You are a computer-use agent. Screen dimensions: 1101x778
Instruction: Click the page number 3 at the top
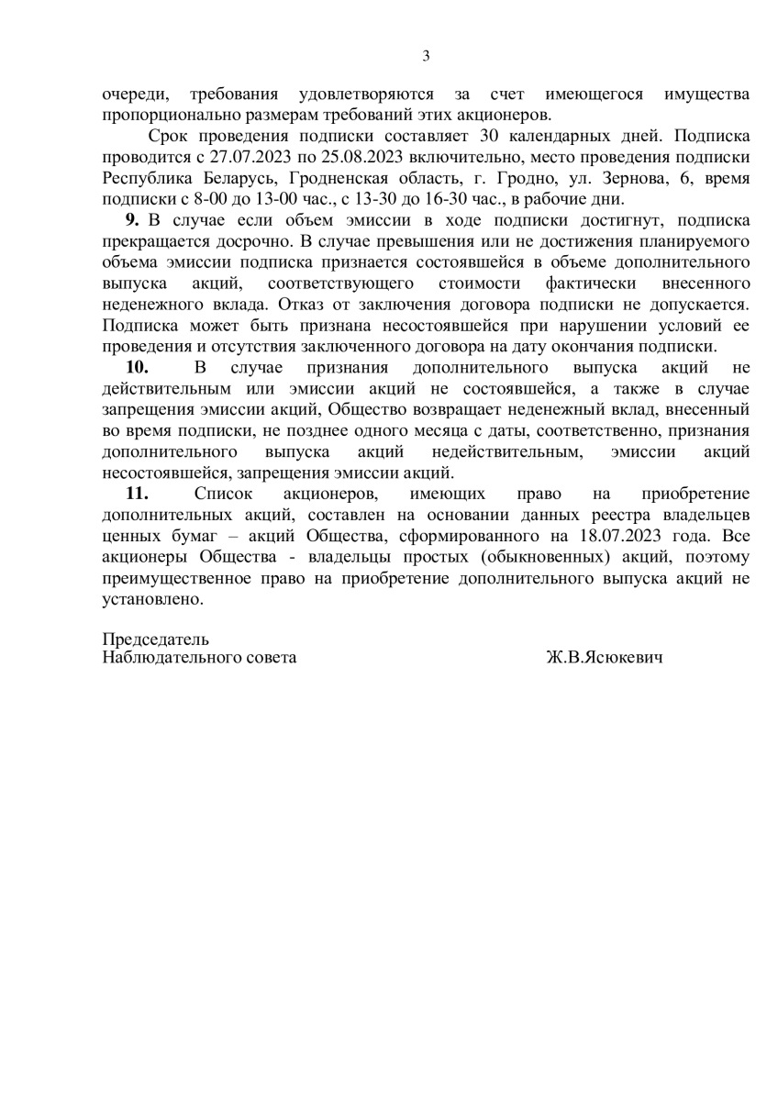click(x=426, y=55)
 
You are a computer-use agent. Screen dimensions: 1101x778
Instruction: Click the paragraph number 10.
click(x=137, y=367)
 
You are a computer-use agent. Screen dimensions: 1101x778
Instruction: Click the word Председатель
click(x=156, y=639)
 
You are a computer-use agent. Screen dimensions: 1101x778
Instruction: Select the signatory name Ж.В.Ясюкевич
click(x=603, y=659)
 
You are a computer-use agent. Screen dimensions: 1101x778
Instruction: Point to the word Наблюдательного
click(x=168, y=659)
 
